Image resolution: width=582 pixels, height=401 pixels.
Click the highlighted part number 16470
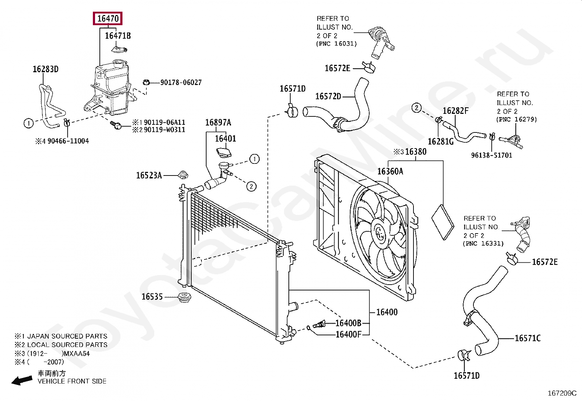(108, 18)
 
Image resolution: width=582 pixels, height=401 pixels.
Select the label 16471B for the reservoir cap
(118, 36)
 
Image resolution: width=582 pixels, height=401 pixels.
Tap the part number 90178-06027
(181, 82)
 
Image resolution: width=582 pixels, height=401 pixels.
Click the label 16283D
(46, 69)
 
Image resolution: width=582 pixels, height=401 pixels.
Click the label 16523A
(149, 176)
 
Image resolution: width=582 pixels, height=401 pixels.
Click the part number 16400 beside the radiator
(387, 312)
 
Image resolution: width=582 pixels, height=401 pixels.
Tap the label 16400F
(348, 334)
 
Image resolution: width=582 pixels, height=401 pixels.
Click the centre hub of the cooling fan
(379, 232)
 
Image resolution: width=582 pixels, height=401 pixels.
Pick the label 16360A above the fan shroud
(390, 171)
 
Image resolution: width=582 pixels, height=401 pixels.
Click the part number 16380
(416, 151)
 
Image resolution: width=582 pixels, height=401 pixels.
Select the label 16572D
(328, 96)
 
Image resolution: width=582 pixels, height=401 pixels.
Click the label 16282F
(456, 111)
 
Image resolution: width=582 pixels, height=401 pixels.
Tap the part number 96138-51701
(491, 155)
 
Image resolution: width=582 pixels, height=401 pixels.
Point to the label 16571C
(528, 338)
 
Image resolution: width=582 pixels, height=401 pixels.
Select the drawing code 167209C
(562, 393)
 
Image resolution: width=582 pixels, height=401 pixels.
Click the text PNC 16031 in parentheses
(336, 44)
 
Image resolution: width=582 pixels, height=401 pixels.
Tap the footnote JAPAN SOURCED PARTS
(67, 336)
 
